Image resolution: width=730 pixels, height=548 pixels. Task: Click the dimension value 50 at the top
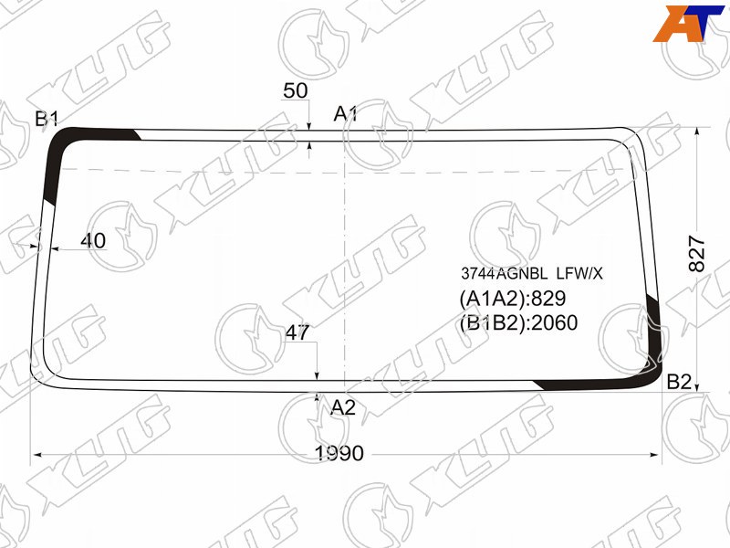[295, 90]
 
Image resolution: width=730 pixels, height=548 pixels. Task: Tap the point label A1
[346, 113]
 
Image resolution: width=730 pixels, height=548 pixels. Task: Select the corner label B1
[47, 119]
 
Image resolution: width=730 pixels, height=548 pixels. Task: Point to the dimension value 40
[93, 240]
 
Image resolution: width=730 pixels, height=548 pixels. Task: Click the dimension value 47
[297, 332]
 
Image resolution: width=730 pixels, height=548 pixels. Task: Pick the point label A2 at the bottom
[343, 407]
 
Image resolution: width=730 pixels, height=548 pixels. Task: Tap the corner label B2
[679, 382]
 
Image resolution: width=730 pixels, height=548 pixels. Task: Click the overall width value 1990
[339, 453]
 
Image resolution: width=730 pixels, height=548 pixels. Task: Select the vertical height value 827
[697, 254]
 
